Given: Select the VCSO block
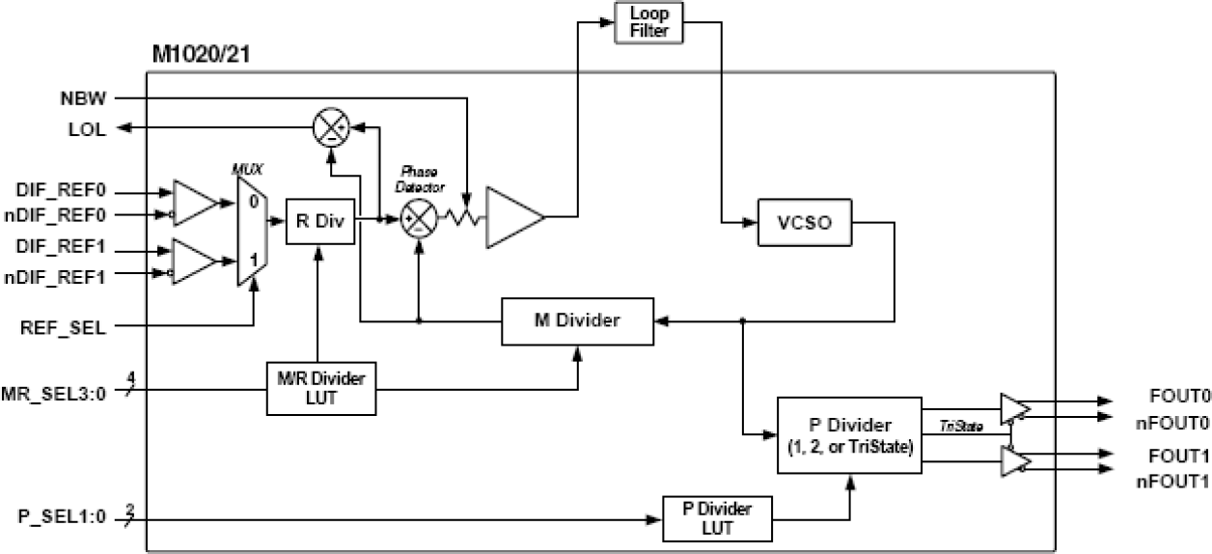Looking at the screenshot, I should click(805, 223).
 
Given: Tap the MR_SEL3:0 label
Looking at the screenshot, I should click(59, 392).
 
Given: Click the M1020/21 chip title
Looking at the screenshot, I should click(204, 53).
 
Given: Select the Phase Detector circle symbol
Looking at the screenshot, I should click(418, 220).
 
